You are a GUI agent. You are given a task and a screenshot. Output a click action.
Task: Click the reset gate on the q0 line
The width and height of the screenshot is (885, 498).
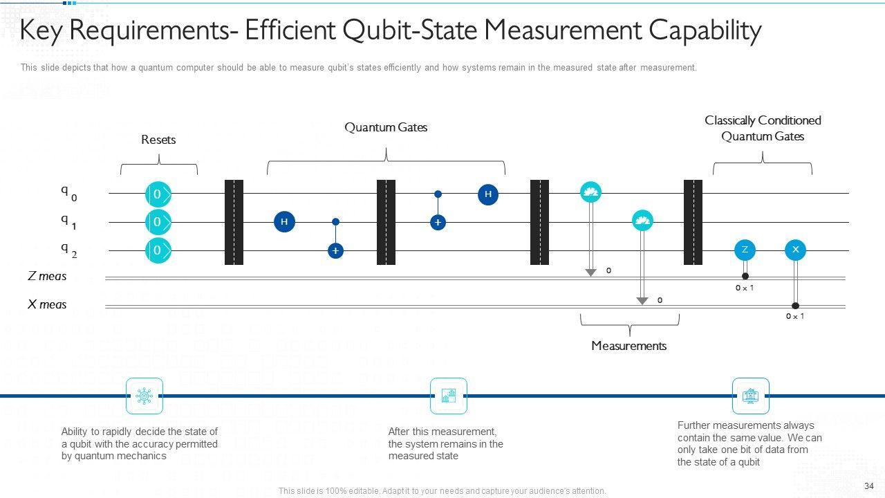(x=158, y=194)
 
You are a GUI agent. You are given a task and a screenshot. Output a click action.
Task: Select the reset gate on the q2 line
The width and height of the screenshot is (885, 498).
(x=158, y=250)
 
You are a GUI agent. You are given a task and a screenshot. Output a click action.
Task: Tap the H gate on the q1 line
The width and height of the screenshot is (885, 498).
(x=284, y=222)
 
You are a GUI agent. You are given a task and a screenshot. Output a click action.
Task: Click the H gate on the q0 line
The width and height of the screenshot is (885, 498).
(x=488, y=194)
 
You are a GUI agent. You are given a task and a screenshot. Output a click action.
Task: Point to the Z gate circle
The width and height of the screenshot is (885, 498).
(x=745, y=250)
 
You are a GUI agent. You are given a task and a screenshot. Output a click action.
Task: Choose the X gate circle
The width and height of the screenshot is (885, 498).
(x=795, y=250)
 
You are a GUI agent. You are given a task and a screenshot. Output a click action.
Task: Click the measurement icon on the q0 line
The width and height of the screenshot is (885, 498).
(x=590, y=192)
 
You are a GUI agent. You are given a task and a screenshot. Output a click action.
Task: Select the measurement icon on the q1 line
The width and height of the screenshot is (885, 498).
(x=642, y=221)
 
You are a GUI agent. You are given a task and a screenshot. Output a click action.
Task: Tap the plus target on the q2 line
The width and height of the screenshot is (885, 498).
(x=335, y=250)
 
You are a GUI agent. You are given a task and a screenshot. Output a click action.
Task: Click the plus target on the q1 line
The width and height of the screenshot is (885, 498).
(x=438, y=222)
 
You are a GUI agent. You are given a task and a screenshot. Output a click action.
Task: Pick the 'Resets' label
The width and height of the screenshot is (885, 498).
(x=158, y=140)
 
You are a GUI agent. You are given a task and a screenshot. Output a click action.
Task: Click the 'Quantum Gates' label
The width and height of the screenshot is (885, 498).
(x=386, y=127)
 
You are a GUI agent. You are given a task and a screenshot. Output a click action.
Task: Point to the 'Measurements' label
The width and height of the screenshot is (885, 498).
(x=628, y=346)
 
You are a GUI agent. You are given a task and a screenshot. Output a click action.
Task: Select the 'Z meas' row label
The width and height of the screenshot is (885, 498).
(x=47, y=277)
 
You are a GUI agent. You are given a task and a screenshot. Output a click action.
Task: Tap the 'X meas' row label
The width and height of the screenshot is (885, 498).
(x=47, y=304)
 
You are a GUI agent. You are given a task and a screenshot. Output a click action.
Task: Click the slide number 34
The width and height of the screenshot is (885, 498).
(x=869, y=486)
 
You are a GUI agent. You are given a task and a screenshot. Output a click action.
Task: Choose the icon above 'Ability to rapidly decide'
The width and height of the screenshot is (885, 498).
(x=145, y=396)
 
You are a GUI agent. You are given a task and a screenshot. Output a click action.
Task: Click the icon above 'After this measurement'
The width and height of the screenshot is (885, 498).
(x=449, y=396)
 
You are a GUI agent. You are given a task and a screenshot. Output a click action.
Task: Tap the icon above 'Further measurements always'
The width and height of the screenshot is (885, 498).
(x=750, y=396)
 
